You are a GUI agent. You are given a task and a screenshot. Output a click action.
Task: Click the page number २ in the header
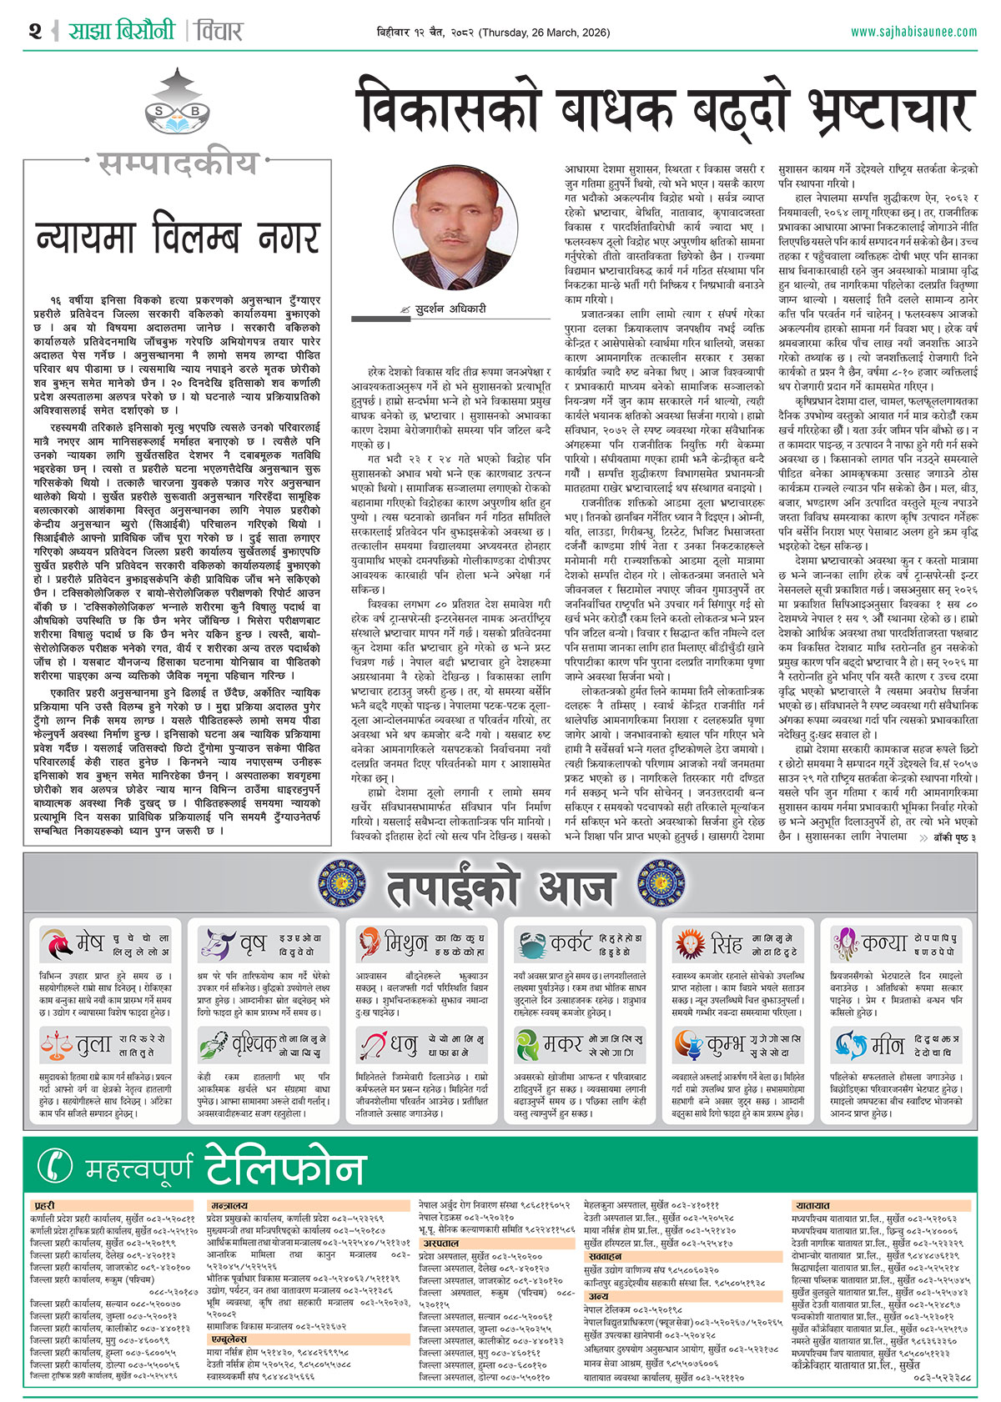(x=34, y=32)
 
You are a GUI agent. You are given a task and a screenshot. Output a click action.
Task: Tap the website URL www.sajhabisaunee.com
(x=913, y=32)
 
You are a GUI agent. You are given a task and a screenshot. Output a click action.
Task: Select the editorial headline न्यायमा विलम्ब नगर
(x=178, y=236)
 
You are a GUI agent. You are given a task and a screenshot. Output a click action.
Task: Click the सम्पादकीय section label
(x=178, y=164)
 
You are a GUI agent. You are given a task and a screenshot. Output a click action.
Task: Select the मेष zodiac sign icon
(x=56, y=944)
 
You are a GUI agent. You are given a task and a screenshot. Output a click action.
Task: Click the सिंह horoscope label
(x=727, y=944)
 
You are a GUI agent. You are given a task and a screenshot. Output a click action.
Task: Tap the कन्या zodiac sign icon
(x=846, y=944)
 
